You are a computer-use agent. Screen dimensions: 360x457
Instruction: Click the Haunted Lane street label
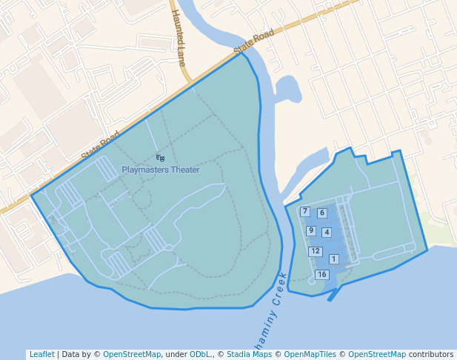point(178,37)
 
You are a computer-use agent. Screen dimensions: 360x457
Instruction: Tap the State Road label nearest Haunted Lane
point(253,41)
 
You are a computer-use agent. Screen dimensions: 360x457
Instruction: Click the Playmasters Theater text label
point(161,170)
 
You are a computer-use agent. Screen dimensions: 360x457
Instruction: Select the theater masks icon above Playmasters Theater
point(160,158)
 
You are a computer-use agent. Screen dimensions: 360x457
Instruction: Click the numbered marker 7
point(305,212)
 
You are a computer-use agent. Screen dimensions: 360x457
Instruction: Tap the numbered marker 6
point(321,213)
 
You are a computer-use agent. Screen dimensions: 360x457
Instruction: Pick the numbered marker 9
point(311,231)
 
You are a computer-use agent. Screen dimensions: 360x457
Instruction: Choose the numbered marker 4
point(327,233)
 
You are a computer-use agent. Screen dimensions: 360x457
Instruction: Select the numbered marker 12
point(316,251)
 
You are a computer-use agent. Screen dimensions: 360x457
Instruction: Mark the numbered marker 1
point(334,259)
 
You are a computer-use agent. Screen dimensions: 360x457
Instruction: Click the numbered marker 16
point(321,275)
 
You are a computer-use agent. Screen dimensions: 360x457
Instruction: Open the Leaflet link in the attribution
point(41,355)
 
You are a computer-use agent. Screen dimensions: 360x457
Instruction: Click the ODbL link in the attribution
point(199,355)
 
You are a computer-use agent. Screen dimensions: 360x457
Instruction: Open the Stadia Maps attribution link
point(249,355)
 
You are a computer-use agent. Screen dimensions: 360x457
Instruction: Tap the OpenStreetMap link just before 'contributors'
point(377,355)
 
